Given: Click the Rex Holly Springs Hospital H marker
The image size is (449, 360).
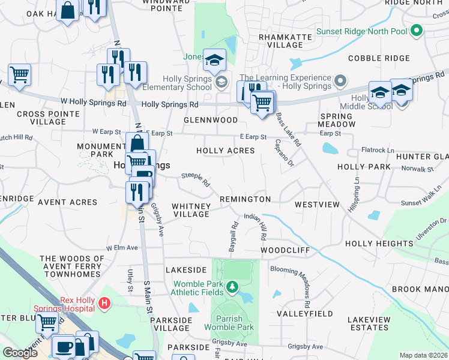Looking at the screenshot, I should tap(105, 304).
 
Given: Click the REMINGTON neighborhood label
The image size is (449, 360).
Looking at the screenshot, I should tap(245, 199).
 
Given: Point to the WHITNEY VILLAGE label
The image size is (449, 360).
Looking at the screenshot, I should tap(191, 210).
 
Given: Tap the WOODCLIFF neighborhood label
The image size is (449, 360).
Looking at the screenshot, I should tap(285, 250).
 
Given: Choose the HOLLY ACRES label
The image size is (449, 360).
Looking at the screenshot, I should tap(226, 151).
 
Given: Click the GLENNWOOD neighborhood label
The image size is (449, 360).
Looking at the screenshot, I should tap(211, 120).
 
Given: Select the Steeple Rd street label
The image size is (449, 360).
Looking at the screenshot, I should tap(196, 178).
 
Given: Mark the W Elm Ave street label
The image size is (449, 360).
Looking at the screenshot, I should tap(122, 247).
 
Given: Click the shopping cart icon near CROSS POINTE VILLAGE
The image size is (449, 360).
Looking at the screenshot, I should tap(19, 74).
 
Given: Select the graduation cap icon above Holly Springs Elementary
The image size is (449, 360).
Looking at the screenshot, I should tap(214, 59).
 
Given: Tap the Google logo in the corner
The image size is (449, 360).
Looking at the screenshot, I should tap(20, 353).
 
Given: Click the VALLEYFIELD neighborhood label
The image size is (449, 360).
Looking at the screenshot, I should tap(304, 314).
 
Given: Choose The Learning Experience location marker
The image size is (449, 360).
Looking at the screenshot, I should tap(341, 81).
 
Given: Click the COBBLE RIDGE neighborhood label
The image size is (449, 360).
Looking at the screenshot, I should tap(379, 58).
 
